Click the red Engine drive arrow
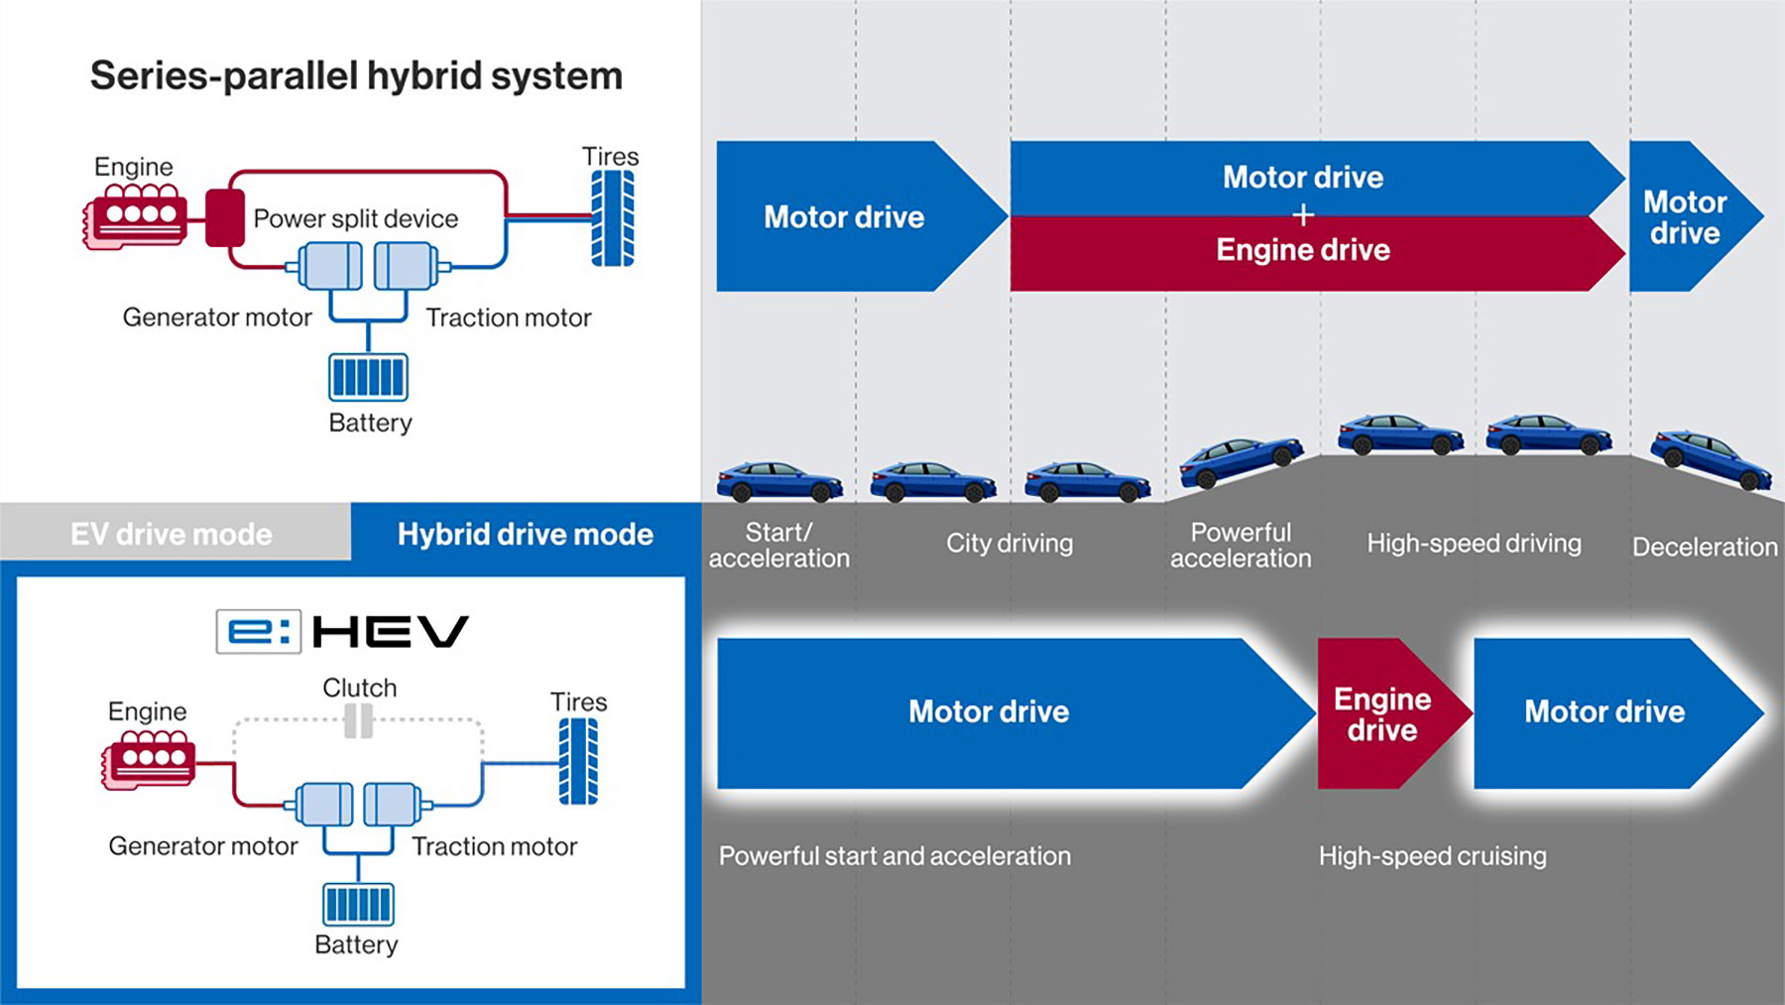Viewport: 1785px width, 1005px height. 1382,714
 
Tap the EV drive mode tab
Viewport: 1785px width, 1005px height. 172,534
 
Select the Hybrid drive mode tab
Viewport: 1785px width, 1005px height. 526,534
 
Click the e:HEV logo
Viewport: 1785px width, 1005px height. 342,632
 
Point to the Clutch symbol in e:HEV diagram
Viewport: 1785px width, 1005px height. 358,721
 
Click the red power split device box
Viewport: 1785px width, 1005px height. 225,218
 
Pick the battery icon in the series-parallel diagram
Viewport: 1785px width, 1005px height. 368,377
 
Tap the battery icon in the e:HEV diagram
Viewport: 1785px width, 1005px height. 358,904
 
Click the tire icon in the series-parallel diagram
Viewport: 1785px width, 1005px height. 612,218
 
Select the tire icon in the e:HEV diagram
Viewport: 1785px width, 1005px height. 578,761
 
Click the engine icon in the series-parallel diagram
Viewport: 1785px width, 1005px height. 135,216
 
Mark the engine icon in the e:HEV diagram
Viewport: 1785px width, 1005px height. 149,760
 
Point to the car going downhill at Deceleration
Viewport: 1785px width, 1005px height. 1710,458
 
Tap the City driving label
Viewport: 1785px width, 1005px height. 1010,544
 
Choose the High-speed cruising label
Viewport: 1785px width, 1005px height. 1432,856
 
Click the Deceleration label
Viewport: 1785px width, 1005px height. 1704,547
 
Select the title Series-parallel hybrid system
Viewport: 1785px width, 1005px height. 356,76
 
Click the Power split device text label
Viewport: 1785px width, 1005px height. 356,218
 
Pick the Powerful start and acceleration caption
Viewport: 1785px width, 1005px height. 894,856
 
